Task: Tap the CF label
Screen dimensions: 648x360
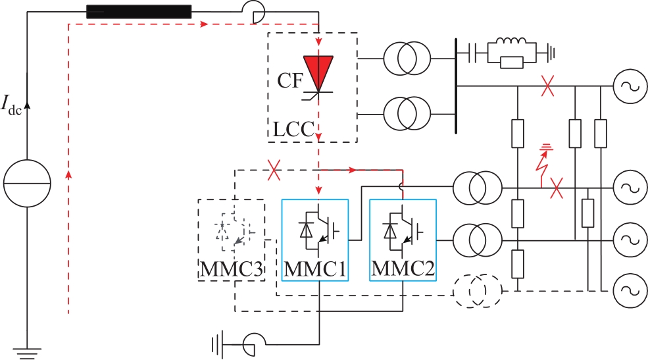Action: tap(291, 80)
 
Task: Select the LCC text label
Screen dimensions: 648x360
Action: tap(294, 130)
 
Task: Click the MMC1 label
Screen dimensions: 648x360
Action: tap(315, 269)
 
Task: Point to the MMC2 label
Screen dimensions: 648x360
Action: tap(403, 269)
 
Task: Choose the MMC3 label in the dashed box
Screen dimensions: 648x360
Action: tap(232, 269)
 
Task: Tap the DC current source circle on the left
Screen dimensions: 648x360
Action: tap(27, 183)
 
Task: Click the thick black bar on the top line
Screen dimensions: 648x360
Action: tap(139, 12)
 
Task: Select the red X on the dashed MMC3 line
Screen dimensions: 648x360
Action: tap(274, 170)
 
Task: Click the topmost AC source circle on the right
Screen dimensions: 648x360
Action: tap(630, 86)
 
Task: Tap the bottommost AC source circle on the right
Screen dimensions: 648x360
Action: tap(630, 291)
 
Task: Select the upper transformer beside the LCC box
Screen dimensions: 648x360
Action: tap(407, 59)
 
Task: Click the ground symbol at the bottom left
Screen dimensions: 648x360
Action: tap(27, 353)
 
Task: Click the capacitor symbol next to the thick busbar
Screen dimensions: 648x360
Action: tap(473, 53)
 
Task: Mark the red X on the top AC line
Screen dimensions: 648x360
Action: tap(547, 86)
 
